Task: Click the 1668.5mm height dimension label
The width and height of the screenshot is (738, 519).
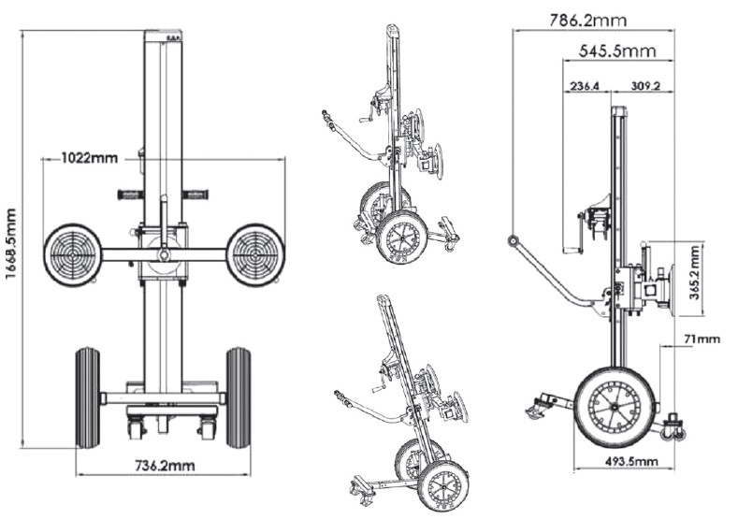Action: point(11,243)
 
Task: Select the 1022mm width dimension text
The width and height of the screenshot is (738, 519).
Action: point(90,158)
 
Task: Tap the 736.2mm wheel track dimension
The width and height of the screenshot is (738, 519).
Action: point(165,466)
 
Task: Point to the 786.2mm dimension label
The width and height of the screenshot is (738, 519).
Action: point(587,20)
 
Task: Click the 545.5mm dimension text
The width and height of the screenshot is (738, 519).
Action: point(617,50)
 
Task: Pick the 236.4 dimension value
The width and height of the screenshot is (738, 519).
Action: point(585,86)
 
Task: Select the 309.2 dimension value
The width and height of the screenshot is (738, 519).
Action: point(645,86)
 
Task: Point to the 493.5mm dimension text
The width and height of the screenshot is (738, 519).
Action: point(630,461)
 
